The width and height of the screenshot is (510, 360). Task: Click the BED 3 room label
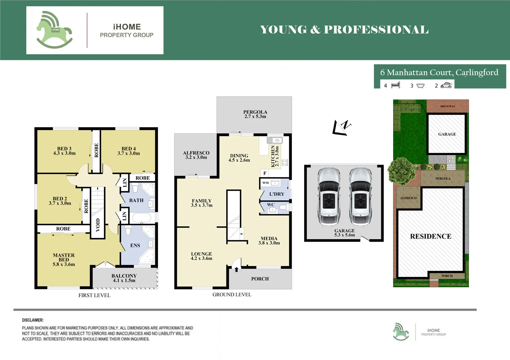pyautogui.click(x=64, y=151)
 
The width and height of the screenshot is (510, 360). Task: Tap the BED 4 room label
pyautogui.click(x=129, y=151)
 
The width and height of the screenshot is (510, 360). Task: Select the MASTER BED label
pyautogui.click(x=64, y=260)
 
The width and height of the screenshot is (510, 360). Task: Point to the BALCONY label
pyautogui.click(x=124, y=278)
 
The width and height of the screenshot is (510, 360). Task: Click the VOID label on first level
pyautogui.click(x=98, y=225)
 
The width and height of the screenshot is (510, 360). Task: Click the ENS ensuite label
pyautogui.click(x=135, y=245)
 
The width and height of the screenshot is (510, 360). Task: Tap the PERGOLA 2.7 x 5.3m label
pyautogui.click(x=255, y=114)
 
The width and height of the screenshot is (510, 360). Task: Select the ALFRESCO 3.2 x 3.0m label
pyautogui.click(x=196, y=155)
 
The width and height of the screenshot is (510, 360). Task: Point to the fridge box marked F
pyautogui.click(x=265, y=173)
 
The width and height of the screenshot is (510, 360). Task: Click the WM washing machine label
pyautogui.click(x=265, y=183)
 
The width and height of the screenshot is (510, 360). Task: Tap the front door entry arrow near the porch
pyautogui.click(x=237, y=269)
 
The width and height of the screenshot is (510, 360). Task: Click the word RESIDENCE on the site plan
pyautogui.click(x=430, y=236)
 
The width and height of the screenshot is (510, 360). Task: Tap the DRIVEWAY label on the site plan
pyautogui.click(x=447, y=106)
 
